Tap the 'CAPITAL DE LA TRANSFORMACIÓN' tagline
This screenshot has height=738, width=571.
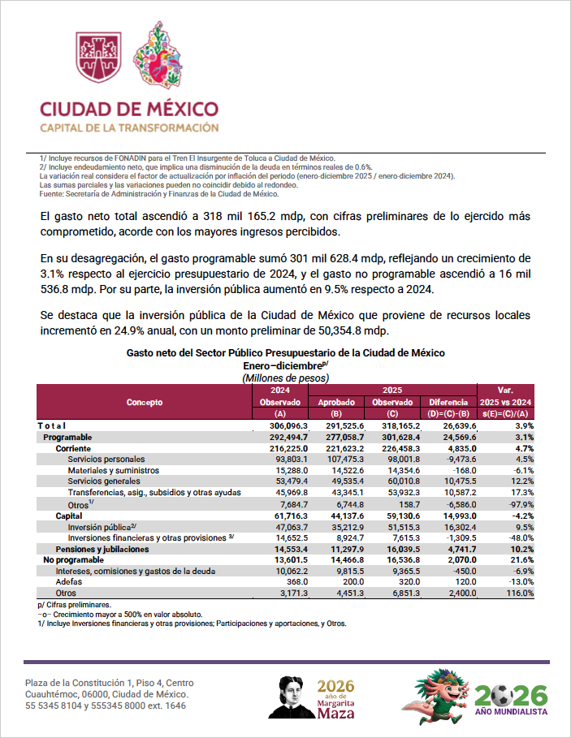[129, 127]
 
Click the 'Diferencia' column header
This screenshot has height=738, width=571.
[448, 402]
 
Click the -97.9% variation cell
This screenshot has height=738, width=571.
[517, 505]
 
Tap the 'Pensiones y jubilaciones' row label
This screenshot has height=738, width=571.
[102, 550]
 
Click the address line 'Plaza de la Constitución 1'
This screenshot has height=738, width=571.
[110, 683]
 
